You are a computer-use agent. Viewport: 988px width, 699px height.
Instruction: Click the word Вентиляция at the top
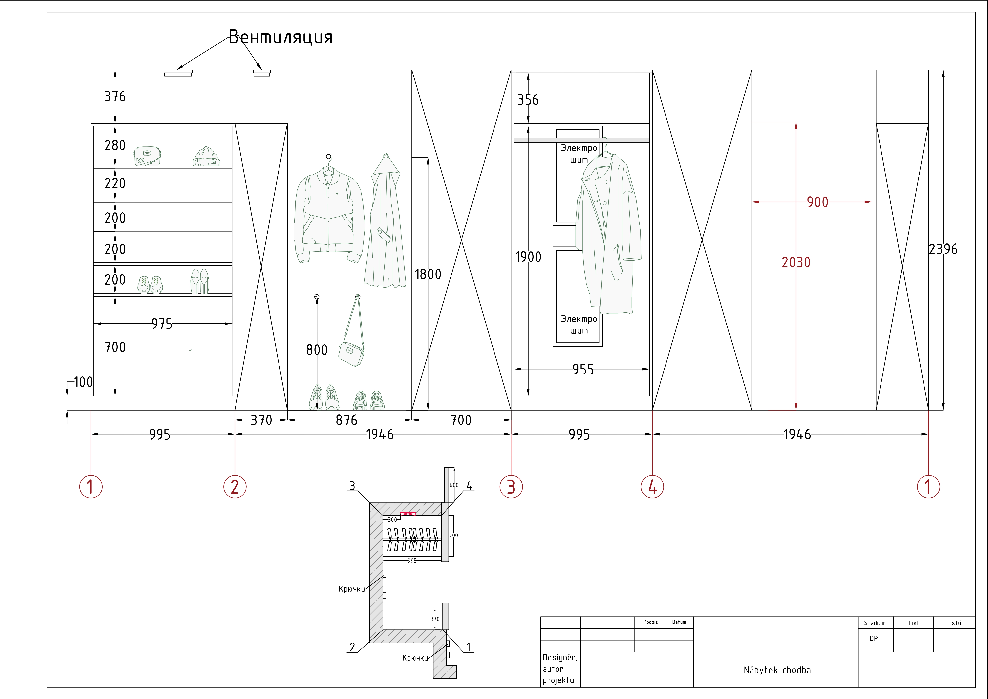(x=280, y=37)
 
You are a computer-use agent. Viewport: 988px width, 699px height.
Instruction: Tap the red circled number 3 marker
(x=511, y=487)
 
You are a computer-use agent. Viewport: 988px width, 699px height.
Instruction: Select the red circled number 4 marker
(x=652, y=487)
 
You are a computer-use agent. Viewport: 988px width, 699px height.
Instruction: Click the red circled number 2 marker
(x=235, y=487)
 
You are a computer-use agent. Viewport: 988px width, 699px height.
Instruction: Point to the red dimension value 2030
(x=796, y=262)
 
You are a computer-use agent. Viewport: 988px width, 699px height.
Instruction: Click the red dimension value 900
(x=817, y=202)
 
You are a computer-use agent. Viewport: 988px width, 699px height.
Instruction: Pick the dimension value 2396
(x=943, y=249)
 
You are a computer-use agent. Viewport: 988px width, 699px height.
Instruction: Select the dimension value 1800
(x=428, y=274)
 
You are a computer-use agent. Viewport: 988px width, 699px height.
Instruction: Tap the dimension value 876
(x=346, y=420)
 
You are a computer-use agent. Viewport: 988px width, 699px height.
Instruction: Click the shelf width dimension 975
(x=162, y=324)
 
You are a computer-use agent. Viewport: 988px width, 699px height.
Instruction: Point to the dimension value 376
(x=115, y=96)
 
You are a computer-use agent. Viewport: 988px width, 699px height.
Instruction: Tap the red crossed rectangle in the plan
(x=408, y=514)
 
